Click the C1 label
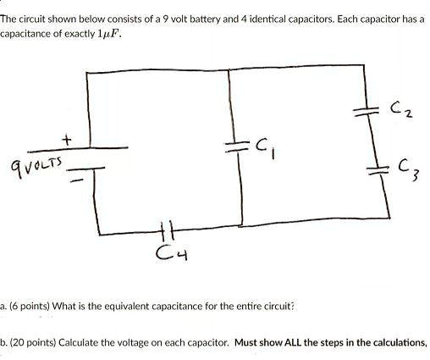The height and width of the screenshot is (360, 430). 262,151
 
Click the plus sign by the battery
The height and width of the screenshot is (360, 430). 65,137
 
